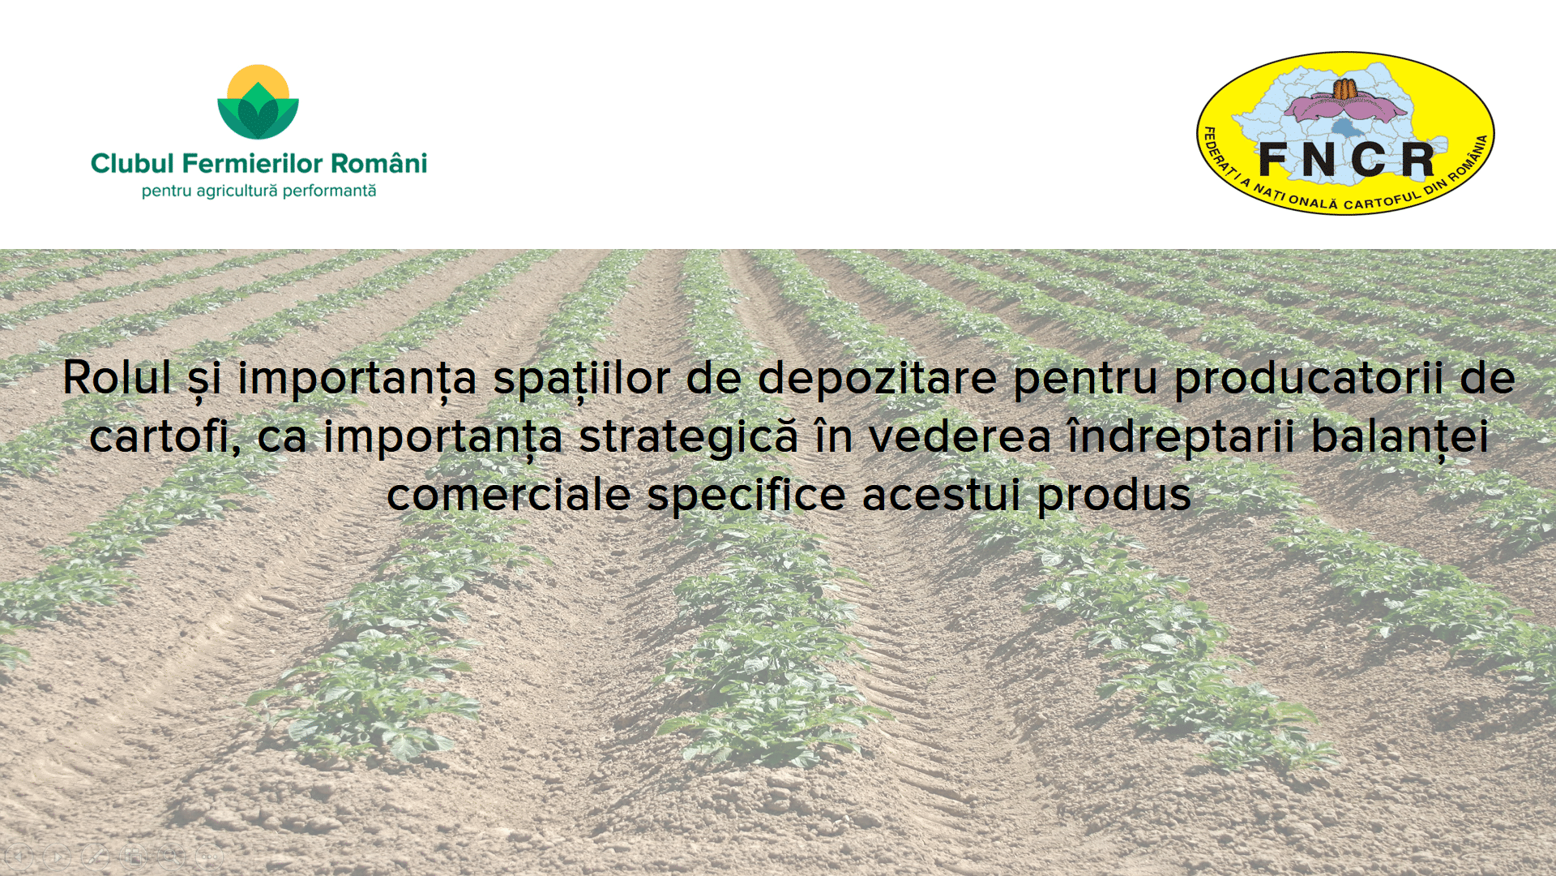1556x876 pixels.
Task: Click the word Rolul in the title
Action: tap(118, 378)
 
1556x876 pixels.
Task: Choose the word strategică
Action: tap(688, 436)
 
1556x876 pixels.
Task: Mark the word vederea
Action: tap(960, 436)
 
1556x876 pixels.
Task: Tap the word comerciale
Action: tap(509, 495)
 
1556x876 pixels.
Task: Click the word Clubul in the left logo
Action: tap(132, 164)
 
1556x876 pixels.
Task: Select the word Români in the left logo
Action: tap(378, 163)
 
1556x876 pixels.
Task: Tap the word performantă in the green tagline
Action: tap(329, 191)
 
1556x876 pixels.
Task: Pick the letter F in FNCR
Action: tap(1274, 159)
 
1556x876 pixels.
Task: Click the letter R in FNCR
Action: tap(1417, 159)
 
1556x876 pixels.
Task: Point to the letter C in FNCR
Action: tap(1369, 159)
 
